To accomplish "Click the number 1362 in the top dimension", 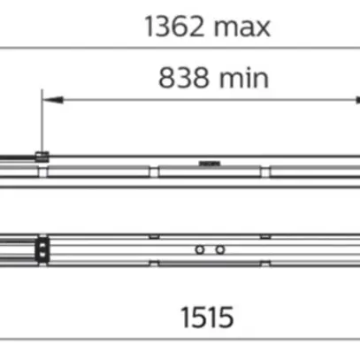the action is (x=174, y=27).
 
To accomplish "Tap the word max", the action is (x=242, y=28).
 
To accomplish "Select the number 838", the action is (x=183, y=78).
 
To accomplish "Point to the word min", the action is (x=244, y=78).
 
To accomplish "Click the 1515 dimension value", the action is (x=207, y=317).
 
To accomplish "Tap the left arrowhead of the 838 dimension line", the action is (x=53, y=100).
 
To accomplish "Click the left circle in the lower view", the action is (x=200, y=250).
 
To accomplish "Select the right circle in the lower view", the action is (x=220, y=250).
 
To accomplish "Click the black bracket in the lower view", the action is (x=42, y=250).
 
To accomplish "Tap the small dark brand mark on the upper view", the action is (x=210, y=164).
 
